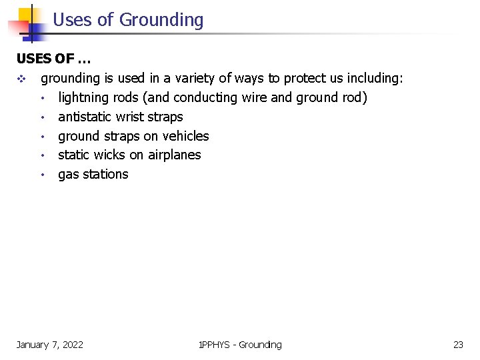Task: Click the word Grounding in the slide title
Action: click(161, 21)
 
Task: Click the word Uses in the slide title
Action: click(73, 20)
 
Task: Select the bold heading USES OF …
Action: click(53, 59)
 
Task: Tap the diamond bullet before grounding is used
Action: click(21, 79)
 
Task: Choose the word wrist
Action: click(130, 117)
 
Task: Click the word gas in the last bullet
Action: click(68, 175)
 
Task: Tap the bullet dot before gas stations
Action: click(41, 175)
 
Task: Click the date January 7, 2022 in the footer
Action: click(50, 345)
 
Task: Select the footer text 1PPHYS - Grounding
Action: click(240, 345)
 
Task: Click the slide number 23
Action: click(458, 345)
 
